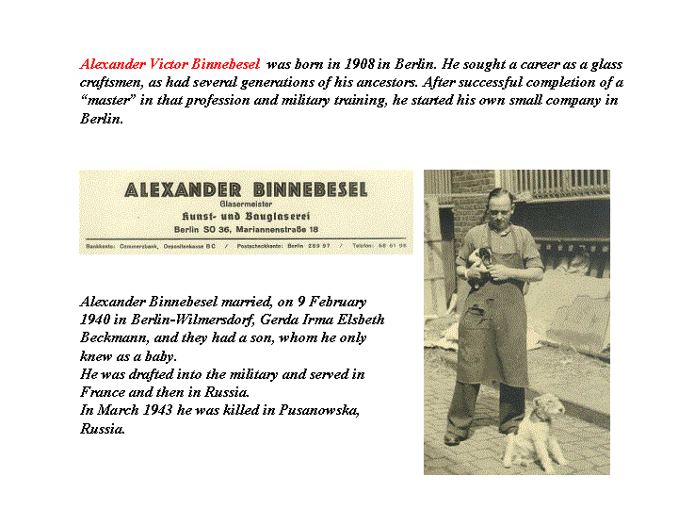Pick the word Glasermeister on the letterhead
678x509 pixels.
coord(246,204)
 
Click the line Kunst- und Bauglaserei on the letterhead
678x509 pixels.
coord(246,216)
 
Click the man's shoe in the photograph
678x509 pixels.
coord(455,438)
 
